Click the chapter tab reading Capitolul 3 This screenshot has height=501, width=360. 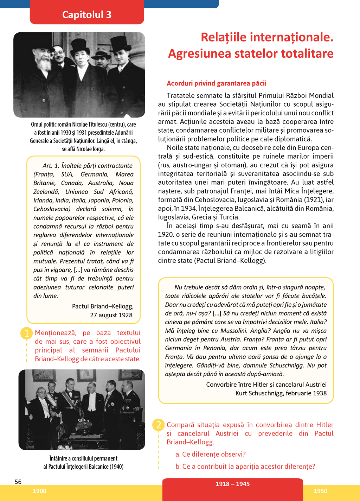click(87, 15)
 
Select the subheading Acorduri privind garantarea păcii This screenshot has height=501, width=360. click(217, 83)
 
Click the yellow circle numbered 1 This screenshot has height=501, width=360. click(27, 333)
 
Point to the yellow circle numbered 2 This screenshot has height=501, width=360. click(159, 425)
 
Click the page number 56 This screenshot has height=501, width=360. click(18, 482)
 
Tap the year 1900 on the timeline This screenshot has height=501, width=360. click(39, 491)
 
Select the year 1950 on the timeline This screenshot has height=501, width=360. click(320, 491)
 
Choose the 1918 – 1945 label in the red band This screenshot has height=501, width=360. click(232, 484)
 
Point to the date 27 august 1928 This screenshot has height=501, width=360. click(111, 315)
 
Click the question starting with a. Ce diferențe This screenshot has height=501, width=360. click(210, 454)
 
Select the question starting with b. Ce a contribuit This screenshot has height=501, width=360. click(245, 467)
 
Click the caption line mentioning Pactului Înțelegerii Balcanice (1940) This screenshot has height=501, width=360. click(83, 467)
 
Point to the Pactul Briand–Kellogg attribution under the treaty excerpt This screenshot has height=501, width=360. click(103, 306)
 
